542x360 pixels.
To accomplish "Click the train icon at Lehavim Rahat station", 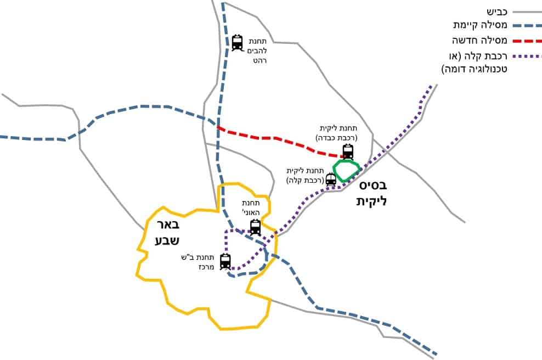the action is [x=237, y=43].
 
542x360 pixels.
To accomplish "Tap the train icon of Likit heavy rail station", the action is [x=348, y=152].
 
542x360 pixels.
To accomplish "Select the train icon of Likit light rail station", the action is [x=331, y=179].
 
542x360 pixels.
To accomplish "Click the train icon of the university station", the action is [x=255, y=227].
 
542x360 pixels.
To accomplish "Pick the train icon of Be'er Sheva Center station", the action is [x=225, y=261].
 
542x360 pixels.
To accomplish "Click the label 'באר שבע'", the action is [x=167, y=232].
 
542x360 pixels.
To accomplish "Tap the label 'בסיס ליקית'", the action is [x=372, y=193].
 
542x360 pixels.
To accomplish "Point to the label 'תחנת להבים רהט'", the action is [x=257, y=51].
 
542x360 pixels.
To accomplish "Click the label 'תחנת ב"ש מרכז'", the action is [x=197, y=262].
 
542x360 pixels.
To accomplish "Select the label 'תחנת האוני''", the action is [x=251, y=207].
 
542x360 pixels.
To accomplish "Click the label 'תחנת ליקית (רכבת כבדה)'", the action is [x=337, y=133].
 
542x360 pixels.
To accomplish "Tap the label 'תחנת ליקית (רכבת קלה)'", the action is [x=305, y=176].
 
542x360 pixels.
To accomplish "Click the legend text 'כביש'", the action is [x=497, y=12].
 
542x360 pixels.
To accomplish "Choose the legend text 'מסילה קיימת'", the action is [x=480, y=25].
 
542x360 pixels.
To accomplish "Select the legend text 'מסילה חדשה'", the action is [x=479, y=41].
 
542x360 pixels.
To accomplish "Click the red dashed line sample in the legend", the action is [x=527, y=41].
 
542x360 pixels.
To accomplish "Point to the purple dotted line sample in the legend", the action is [x=527, y=56].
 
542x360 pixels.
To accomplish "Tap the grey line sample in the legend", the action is [x=527, y=12].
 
